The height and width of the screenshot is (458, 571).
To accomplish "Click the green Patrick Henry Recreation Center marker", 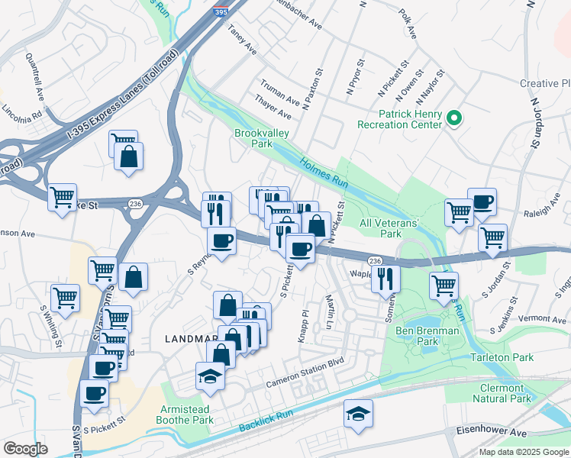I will coord(453,118).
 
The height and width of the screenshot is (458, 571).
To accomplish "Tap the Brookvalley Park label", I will coord(253,138).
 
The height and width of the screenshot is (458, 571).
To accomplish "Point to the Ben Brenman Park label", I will coord(427,337).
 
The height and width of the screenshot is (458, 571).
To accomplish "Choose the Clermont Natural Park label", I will coord(501,393).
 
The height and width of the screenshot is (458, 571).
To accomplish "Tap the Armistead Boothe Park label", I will coord(185,414).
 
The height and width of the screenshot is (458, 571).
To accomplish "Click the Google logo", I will coord(25,449).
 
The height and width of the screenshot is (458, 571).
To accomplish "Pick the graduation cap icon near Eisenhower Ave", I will coord(358,414).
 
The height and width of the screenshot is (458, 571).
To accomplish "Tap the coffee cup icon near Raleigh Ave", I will coord(482,202).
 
